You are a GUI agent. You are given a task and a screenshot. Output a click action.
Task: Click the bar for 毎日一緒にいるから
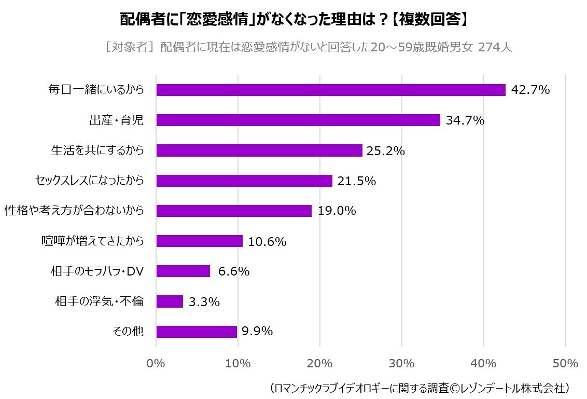point(331,90)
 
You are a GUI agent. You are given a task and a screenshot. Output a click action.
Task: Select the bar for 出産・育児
point(298,120)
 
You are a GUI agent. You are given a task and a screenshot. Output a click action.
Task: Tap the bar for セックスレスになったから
point(244,181)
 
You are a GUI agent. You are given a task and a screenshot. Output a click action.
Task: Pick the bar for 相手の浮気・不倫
point(170,301)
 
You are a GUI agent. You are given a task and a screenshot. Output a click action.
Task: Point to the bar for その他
point(197,332)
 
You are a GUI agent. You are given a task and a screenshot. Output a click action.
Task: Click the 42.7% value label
point(530,90)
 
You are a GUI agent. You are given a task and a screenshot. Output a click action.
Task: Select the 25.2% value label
point(385,151)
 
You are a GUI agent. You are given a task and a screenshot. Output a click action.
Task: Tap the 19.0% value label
point(337,211)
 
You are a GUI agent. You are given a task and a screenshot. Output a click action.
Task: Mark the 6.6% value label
point(234,271)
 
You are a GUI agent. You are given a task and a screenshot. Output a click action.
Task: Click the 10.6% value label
point(268,241)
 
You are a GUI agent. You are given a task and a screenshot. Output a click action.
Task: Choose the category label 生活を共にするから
point(97,150)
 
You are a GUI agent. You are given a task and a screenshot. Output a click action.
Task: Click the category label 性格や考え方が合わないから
point(74,211)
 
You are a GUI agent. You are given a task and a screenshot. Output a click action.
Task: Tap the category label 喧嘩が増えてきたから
point(92,241)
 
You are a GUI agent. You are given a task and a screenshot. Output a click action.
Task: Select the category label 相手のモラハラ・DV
point(97,271)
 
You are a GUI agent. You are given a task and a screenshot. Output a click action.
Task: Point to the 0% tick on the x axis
point(156,363)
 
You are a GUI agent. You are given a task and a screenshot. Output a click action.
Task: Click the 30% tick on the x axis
point(402,363)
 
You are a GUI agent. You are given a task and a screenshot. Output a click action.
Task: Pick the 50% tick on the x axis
point(565,363)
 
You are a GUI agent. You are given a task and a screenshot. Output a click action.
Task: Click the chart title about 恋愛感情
point(293,20)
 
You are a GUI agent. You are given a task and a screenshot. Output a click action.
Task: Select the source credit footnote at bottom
point(421,388)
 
